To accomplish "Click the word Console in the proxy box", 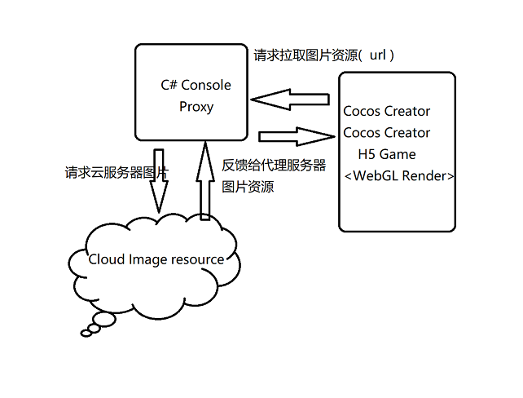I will pyautogui.click(x=206, y=86).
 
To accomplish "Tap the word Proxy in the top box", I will pyautogui.click(x=196, y=106).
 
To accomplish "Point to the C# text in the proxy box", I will pyautogui.click(x=169, y=86).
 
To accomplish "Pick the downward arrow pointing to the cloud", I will pyautogui.click(x=159, y=181).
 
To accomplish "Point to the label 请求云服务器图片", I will pyautogui.click(x=116, y=173).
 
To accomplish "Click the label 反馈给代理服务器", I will pyautogui.click(x=274, y=166).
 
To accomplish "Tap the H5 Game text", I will pyautogui.click(x=387, y=154).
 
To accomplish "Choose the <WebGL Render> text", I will pyautogui.click(x=399, y=176).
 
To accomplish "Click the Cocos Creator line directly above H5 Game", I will pyautogui.click(x=387, y=133).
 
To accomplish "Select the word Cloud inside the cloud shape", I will pyautogui.click(x=106, y=259).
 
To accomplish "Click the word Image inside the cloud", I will pyautogui.click(x=147, y=259).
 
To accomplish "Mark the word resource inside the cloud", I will pyautogui.click(x=197, y=259).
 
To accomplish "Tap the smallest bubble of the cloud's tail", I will pyautogui.click(x=87, y=332).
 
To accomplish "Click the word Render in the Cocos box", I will pyautogui.click(x=423, y=176).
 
